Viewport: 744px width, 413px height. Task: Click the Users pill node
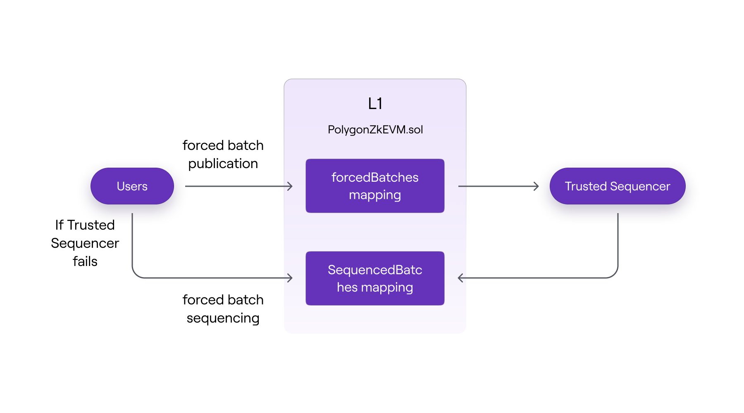click(x=132, y=186)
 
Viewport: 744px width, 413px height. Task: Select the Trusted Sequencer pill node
click(x=617, y=186)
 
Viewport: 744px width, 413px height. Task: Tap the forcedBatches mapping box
click(x=375, y=186)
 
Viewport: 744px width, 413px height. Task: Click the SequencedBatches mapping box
click(x=375, y=278)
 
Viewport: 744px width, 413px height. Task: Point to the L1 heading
click(x=375, y=104)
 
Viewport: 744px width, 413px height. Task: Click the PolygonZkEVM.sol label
click(x=375, y=130)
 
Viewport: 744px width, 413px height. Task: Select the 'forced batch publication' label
click(x=223, y=154)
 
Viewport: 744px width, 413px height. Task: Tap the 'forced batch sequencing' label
click(x=223, y=309)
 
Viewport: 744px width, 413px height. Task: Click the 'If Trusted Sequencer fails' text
click(x=85, y=243)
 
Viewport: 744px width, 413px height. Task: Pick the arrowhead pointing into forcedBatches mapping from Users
click(x=291, y=186)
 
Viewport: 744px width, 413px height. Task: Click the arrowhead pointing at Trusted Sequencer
click(x=537, y=186)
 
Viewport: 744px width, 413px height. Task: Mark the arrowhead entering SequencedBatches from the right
click(x=460, y=278)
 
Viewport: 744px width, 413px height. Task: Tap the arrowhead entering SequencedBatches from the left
click(x=291, y=278)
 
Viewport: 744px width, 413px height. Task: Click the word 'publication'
click(x=223, y=164)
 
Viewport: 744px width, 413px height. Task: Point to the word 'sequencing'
click(x=223, y=318)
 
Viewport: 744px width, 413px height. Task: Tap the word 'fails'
click(x=85, y=261)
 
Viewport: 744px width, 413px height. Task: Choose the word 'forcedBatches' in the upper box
click(x=375, y=177)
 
